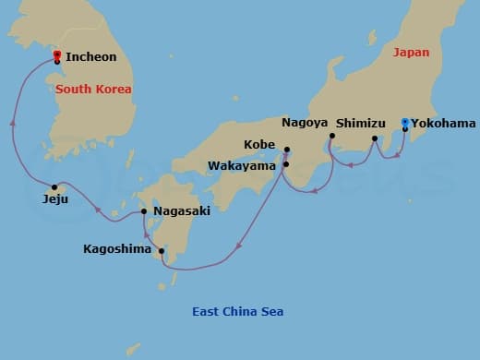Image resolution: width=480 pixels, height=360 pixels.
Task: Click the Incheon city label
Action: (90, 57)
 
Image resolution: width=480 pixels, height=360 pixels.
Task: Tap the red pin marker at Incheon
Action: (57, 54)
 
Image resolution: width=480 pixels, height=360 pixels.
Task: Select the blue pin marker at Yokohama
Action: (405, 122)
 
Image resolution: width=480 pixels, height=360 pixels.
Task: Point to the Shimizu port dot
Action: (374, 139)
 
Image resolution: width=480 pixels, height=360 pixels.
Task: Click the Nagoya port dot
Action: (331, 137)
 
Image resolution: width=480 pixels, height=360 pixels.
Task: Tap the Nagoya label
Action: (305, 122)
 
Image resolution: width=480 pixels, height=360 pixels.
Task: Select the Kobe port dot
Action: (287, 150)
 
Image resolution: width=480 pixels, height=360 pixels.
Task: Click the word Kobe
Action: (258, 145)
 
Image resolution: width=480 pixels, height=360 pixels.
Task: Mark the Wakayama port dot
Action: (286, 164)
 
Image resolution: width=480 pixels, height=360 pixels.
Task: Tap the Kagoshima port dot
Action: (162, 251)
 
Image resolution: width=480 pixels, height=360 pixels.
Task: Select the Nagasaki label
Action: (182, 211)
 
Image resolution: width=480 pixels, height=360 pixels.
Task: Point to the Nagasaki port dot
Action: (145, 212)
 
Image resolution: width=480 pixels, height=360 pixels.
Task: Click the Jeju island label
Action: (55, 198)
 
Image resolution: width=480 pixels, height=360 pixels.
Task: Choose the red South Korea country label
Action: (93, 90)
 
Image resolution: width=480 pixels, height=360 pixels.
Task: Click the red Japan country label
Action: (412, 53)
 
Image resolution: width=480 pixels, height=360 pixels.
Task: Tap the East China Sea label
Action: (237, 312)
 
